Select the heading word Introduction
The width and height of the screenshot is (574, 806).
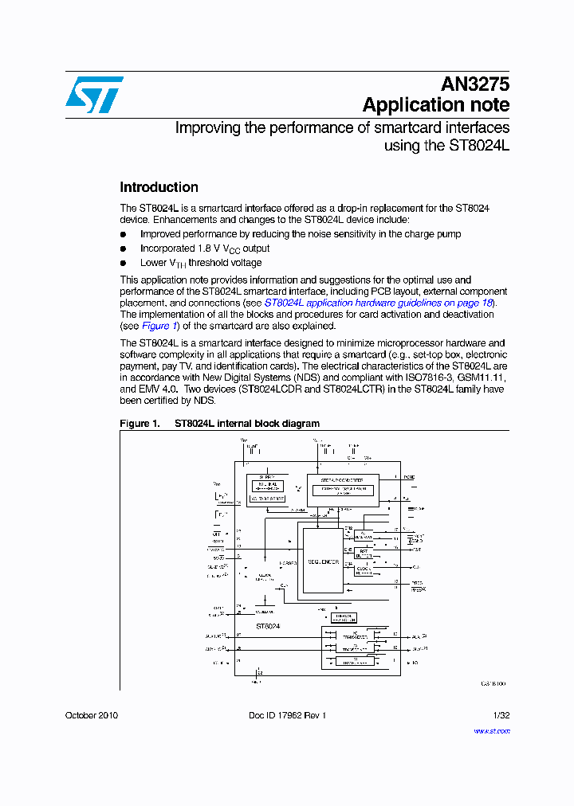(159, 187)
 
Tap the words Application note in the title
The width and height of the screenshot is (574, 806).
(435, 105)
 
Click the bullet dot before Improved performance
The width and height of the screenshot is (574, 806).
(124, 234)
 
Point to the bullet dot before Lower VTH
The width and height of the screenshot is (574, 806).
(124, 263)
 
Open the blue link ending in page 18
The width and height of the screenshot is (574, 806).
(379, 303)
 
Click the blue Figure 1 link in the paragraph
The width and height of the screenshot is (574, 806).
(155, 326)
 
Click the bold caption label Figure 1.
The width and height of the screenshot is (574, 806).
(140, 424)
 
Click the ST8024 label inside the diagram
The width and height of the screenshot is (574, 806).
(267, 627)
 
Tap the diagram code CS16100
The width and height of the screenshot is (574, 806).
(493, 683)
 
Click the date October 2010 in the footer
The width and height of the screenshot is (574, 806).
(92, 715)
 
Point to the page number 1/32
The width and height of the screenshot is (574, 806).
(501, 715)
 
